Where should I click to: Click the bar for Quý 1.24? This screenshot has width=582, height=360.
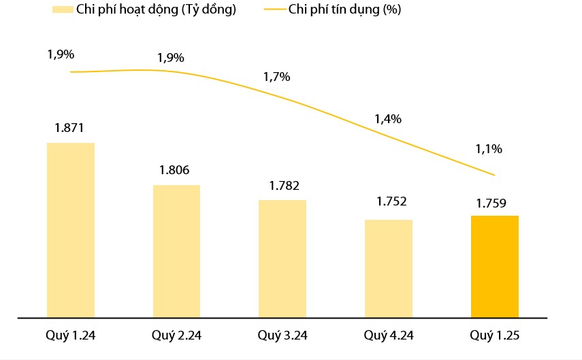point(70,230)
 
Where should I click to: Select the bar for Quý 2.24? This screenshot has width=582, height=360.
point(176,251)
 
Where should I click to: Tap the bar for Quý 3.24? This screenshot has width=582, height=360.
point(282,259)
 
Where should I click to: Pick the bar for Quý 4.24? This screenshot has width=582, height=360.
point(389,268)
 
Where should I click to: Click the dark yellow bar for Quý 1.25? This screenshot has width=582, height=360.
point(495,266)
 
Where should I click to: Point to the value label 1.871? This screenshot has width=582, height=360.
point(70,127)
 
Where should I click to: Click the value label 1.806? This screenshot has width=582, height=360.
point(176,170)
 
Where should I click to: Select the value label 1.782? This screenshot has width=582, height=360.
point(282,185)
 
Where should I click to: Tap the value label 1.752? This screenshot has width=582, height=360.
point(391,201)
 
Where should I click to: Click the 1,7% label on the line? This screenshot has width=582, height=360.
point(276,77)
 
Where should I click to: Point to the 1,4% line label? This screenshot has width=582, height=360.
point(387,119)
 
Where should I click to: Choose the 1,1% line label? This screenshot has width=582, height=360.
point(489,148)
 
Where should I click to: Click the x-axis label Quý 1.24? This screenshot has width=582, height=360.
point(70,336)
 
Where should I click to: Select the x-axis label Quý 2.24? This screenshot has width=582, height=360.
point(176,336)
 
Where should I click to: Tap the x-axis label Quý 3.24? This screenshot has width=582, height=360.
point(282,336)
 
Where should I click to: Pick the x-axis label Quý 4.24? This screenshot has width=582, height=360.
point(389,336)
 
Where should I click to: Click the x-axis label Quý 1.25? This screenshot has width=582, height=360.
point(495,336)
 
